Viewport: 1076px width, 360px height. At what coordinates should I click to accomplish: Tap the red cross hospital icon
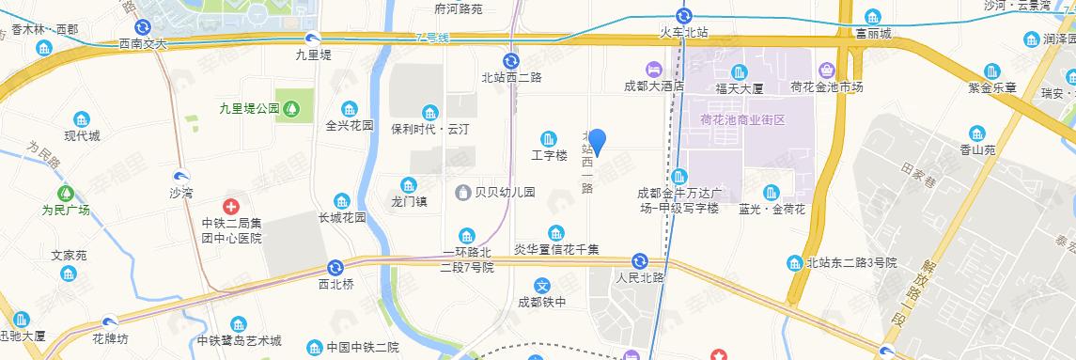[x=229, y=205]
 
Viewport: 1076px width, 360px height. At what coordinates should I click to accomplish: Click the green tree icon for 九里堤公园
[x=293, y=108]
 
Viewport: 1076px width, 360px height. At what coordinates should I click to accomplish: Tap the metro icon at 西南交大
[x=142, y=27]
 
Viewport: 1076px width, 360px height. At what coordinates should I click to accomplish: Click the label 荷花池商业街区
[x=741, y=120]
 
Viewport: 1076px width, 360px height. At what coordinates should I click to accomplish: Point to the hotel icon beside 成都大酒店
[x=651, y=70]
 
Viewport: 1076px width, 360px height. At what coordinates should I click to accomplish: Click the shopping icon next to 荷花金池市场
[x=826, y=70]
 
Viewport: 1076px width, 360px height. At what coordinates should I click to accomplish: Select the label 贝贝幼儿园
[x=505, y=192]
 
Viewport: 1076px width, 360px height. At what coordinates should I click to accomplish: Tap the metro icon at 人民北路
[x=640, y=260]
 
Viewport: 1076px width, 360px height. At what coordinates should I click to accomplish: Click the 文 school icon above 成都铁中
[x=541, y=286]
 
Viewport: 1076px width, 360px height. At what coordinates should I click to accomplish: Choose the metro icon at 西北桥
[x=335, y=268]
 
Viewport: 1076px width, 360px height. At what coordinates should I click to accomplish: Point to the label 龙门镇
[x=409, y=201]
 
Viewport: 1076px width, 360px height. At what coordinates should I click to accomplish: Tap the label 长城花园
[x=341, y=218]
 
